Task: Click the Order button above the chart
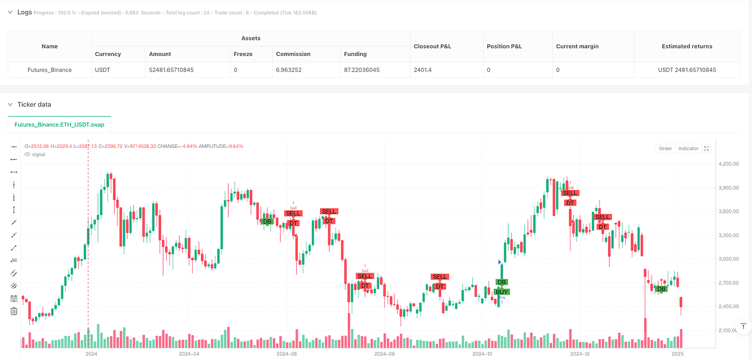[665, 148]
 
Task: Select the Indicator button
[688, 148]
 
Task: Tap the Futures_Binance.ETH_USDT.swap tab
[60, 125]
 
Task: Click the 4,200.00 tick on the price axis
[728, 164]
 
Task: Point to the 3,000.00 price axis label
[728, 259]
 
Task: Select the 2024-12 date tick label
[580, 353]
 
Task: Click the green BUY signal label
[502, 292]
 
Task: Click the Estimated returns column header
[687, 47]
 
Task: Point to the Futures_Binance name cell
[49, 70]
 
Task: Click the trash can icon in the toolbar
[14, 311]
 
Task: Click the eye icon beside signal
[28, 155]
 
